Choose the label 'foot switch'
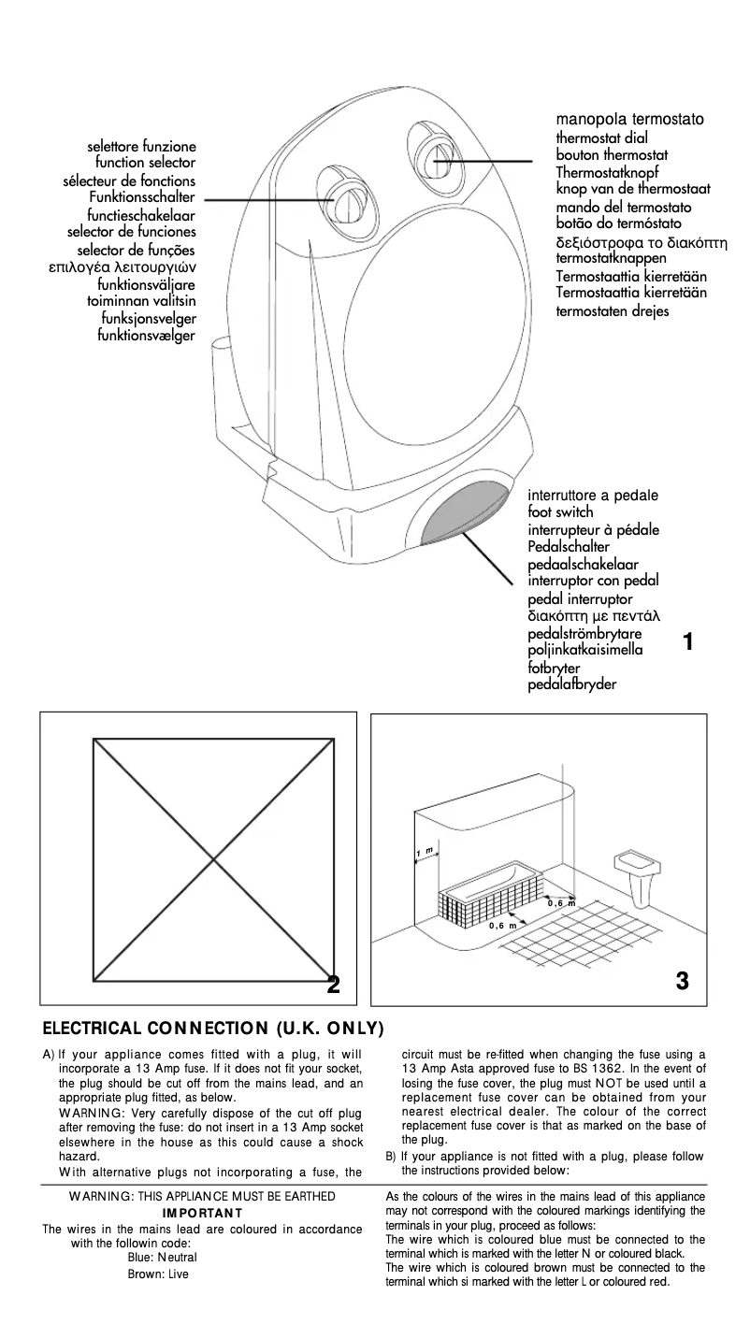coord(560,512)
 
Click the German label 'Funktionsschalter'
coord(142,197)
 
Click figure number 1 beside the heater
coord(688,642)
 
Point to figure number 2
coord(333,986)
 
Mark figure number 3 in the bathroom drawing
coord(682,980)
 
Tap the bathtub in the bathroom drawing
coord(488,888)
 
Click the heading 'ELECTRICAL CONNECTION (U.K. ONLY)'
coord(213,1029)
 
